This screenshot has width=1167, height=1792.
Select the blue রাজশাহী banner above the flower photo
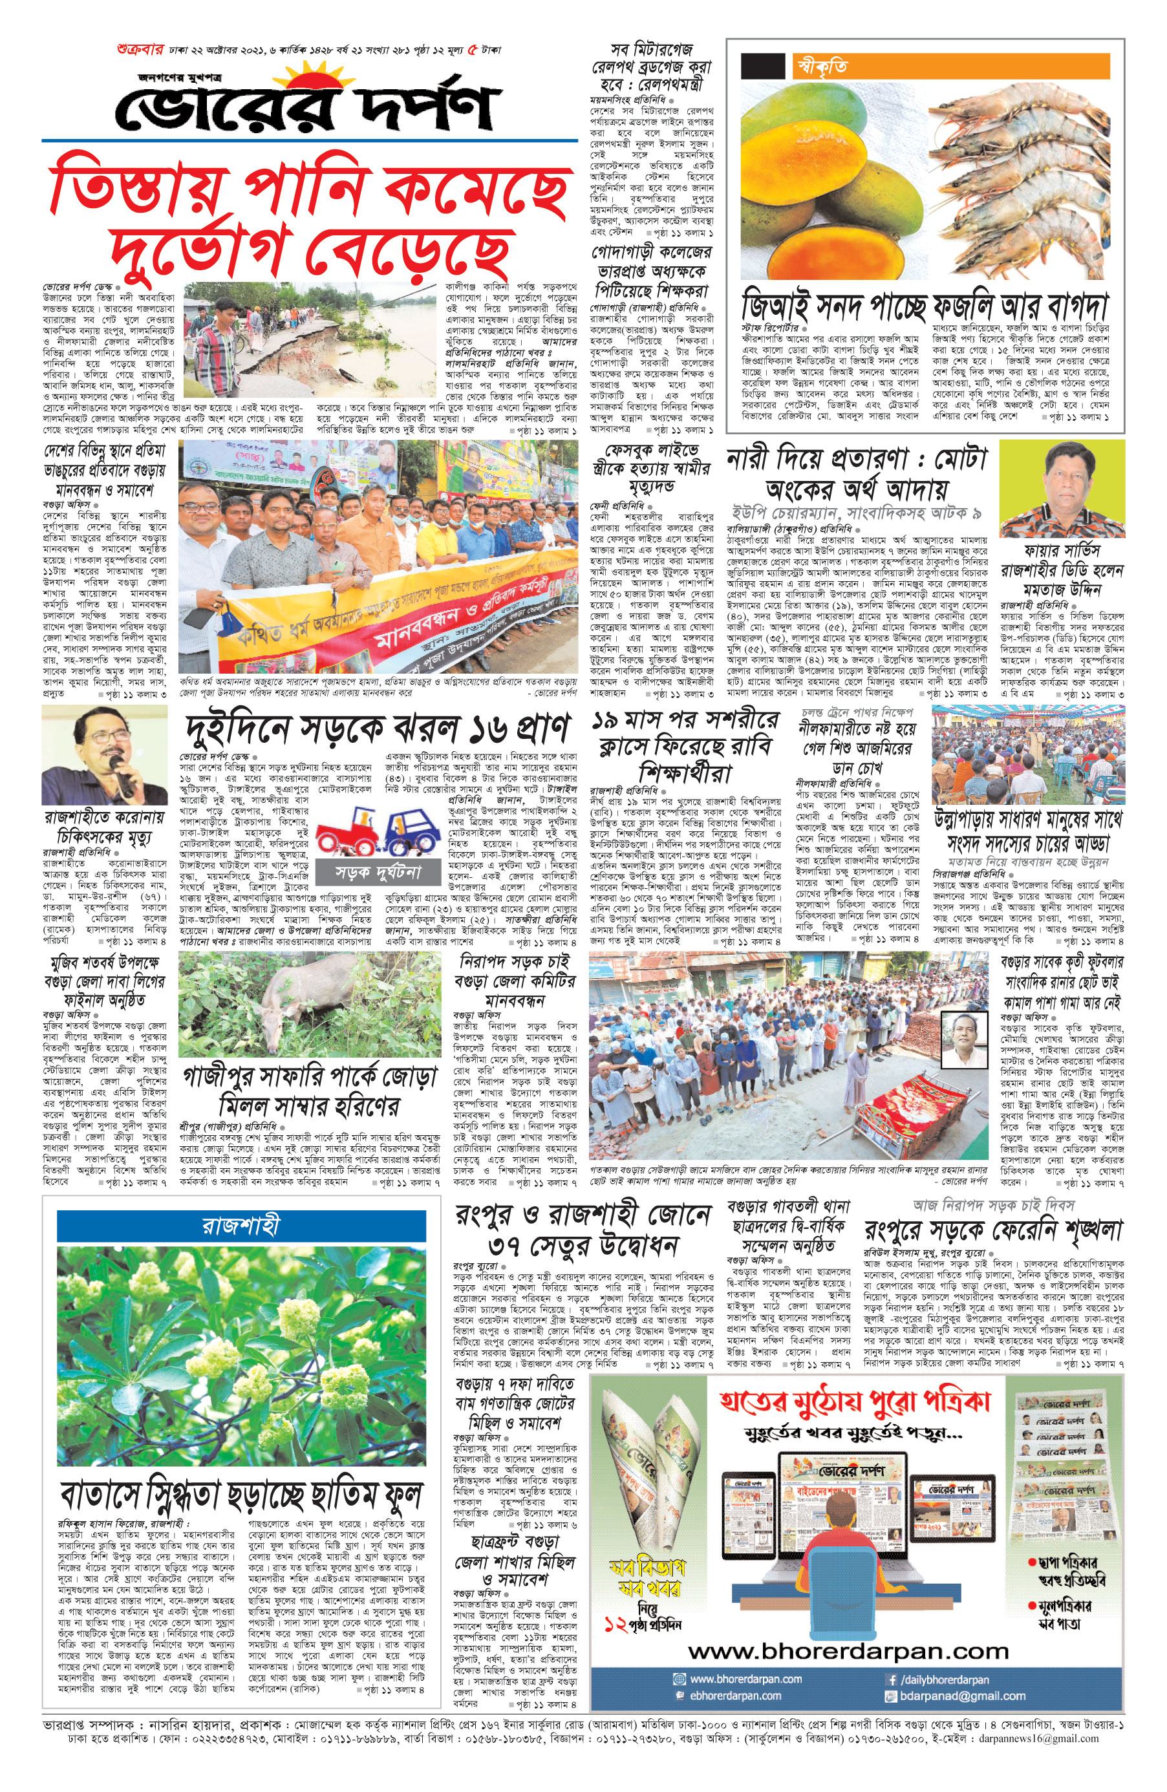pos(242,1225)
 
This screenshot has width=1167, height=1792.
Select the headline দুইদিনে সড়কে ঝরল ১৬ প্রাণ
pos(376,728)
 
